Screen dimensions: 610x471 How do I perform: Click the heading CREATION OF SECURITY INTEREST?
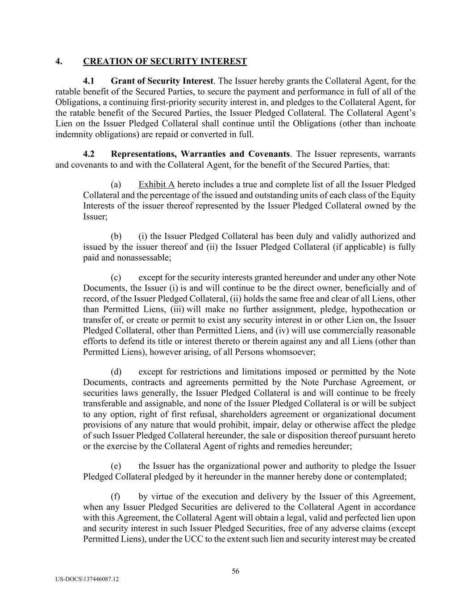point(165,61)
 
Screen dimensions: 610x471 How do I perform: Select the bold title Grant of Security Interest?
point(162,81)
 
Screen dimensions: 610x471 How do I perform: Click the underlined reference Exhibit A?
point(156,185)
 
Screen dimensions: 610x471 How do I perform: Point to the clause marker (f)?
point(116,496)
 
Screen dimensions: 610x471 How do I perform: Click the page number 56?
point(235,571)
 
